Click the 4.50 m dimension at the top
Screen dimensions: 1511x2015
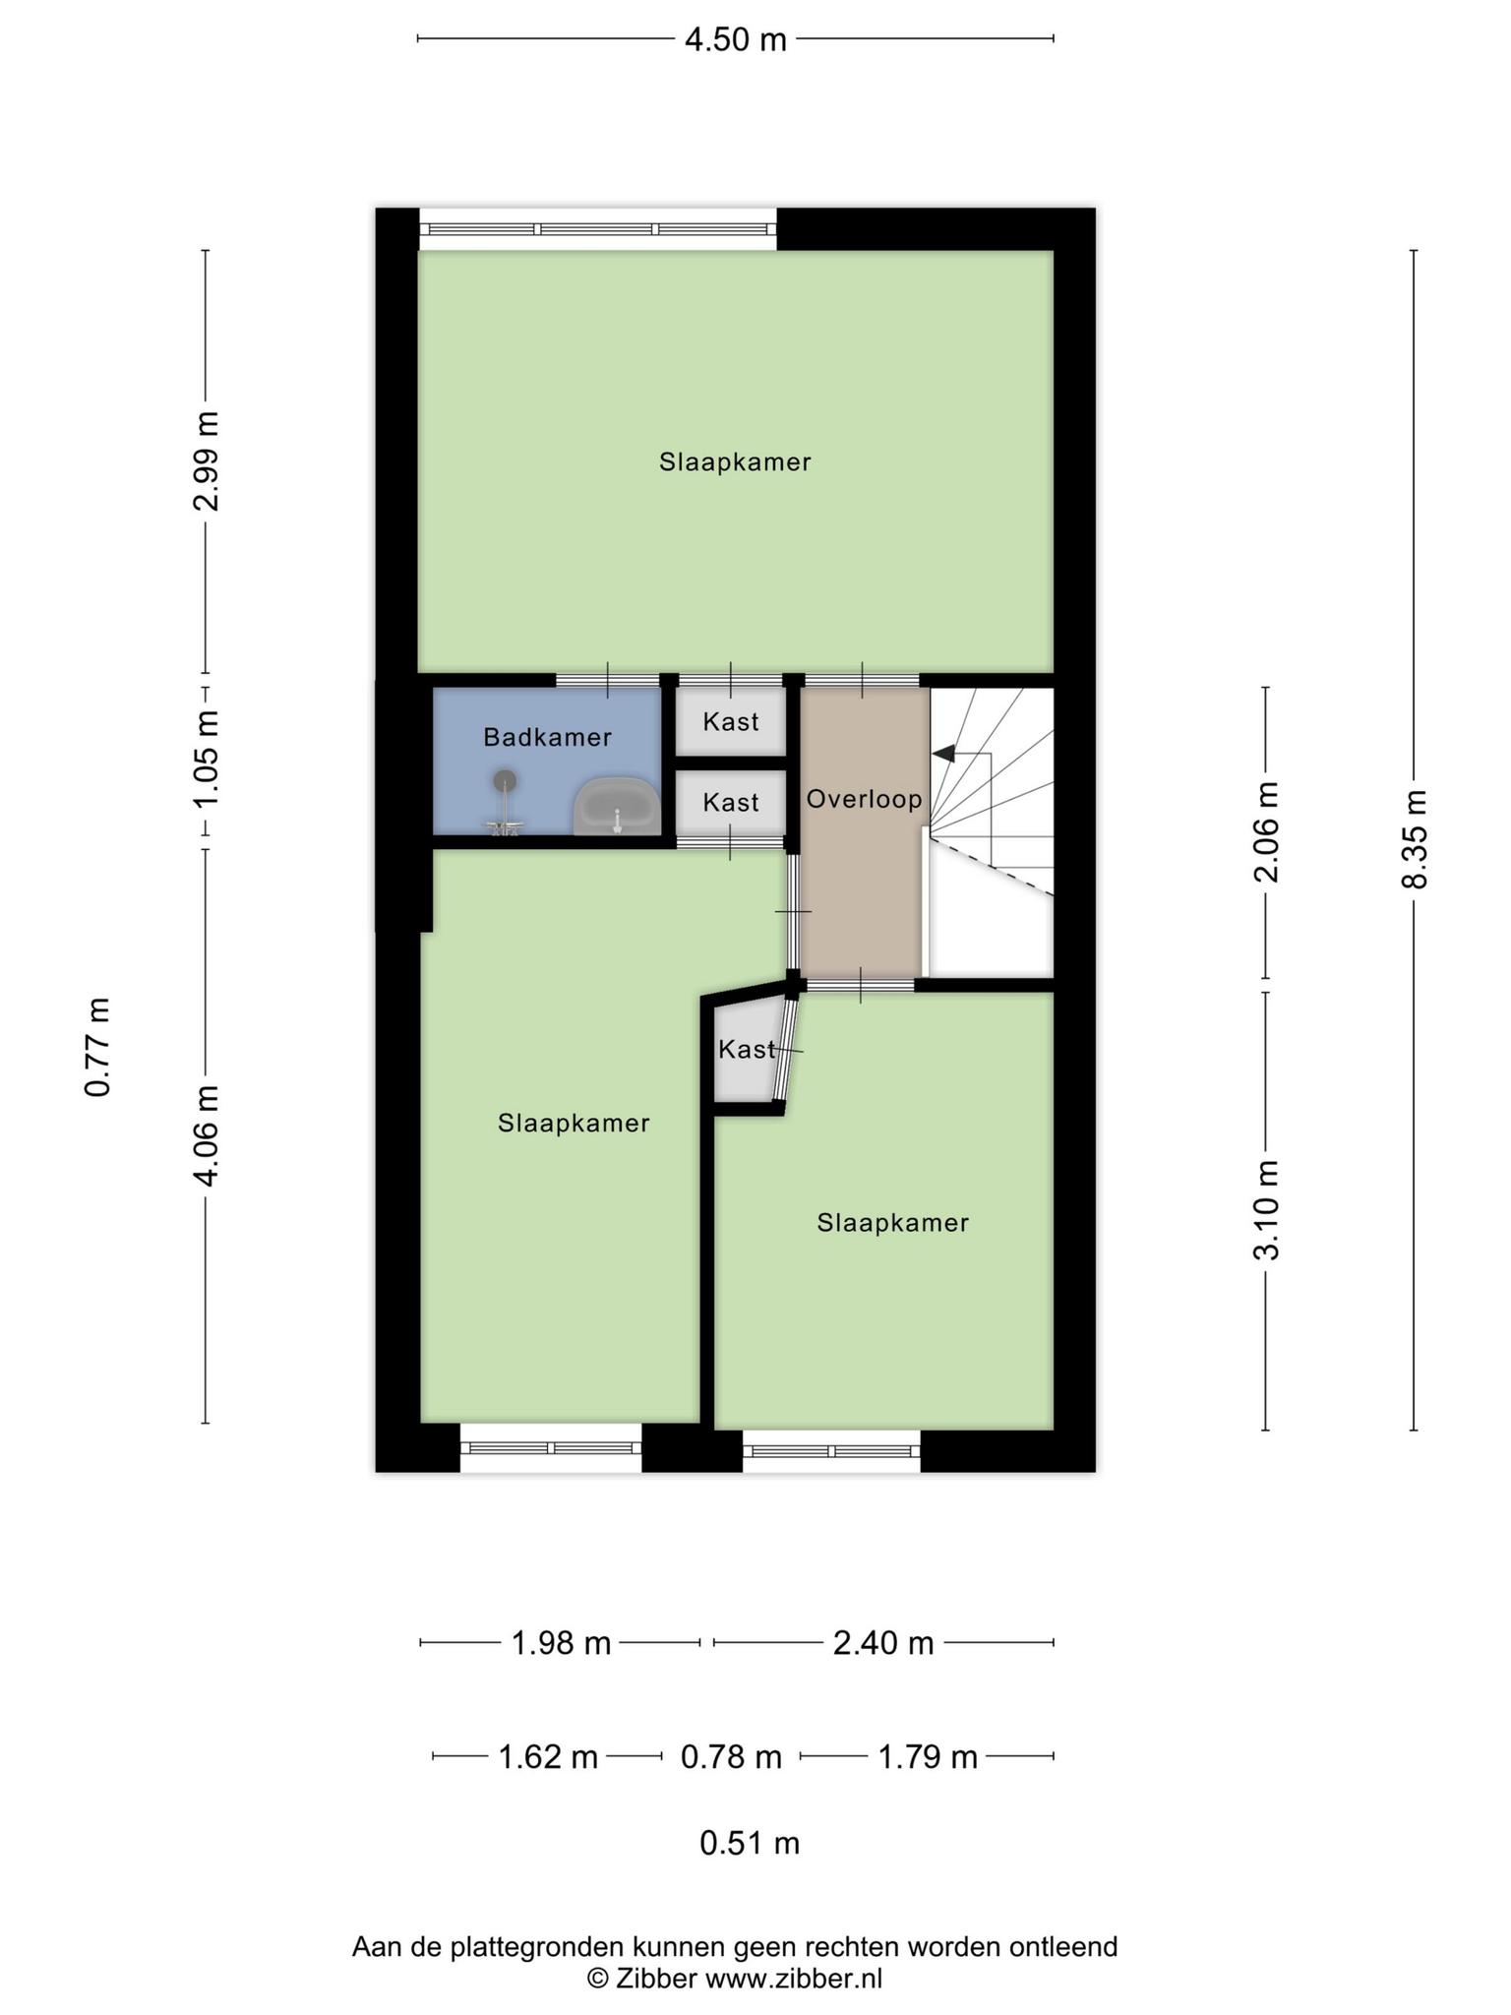click(736, 39)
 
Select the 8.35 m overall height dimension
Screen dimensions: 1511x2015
click(1414, 838)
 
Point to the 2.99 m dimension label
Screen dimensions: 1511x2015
click(206, 460)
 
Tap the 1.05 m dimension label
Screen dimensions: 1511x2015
click(206, 759)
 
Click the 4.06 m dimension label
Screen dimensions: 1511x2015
click(206, 1135)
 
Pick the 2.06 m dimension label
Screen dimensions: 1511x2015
click(1266, 832)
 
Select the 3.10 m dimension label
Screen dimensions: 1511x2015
click(1266, 1210)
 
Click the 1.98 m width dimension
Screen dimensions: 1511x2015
click(561, 1642)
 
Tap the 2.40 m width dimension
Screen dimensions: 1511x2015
click(883, 1642)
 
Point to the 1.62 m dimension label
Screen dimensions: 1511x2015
click(548, 1756)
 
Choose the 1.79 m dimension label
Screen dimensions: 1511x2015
click(928, 1756)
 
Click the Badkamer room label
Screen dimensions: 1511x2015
click(547, 737)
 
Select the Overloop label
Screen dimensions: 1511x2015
click(865, 799)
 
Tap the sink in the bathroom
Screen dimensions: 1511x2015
click(617, 806)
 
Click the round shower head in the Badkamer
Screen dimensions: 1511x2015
click(506, 781)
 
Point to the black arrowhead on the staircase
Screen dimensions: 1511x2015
click(943, 754)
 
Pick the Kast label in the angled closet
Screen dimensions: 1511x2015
click(747, 1050)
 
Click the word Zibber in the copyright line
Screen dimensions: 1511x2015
click(656, 1978)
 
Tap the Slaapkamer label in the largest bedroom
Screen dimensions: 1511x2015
click(735, 462)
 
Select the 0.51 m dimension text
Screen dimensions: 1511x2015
click(750, 1843)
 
